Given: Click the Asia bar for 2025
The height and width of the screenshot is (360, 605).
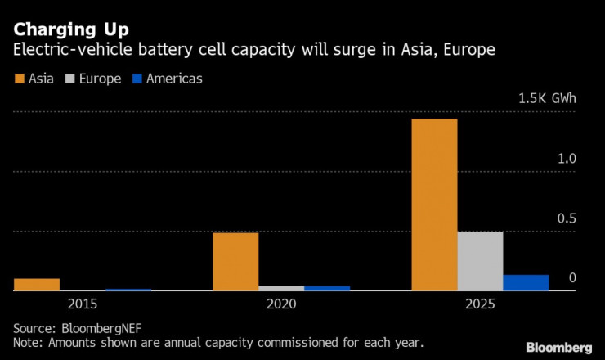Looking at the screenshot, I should pyautogui.click(x=434, y=205).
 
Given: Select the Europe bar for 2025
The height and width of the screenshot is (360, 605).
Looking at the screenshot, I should pyautogui.click(x=480, y=261).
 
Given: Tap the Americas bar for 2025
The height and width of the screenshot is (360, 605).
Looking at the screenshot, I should pyautogui.click(x=526, y=282).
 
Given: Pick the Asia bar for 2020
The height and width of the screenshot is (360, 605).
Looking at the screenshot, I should pyautogui.click(x=235, y=261).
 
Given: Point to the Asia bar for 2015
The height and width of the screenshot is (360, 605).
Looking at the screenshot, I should pyautogui.click(x=37, y=285).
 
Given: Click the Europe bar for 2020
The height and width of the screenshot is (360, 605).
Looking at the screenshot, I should pyautogui.click(x=281, y=288).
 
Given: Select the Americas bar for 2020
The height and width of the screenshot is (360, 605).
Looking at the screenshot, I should pyautogui.click(x=327, y=288).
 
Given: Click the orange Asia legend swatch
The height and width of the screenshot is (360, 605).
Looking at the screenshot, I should pyautogui.click(x=19, y=79).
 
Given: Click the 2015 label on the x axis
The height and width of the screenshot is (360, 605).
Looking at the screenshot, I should pyautogui.click(x=83, y=304).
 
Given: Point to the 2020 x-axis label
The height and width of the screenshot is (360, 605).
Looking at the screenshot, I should pyautogui.click(x=281, y=304).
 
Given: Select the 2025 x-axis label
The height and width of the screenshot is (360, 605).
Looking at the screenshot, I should pyautogui.click(x=479, y=304).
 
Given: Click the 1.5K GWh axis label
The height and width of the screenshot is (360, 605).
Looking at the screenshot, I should pyautogui.click(x=547, y=99).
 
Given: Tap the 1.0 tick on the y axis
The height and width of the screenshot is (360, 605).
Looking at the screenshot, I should pyautogui.click(x=567, y=159).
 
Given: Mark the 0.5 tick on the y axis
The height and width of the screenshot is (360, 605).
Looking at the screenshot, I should pyautogui.click(x=567, y=218).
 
